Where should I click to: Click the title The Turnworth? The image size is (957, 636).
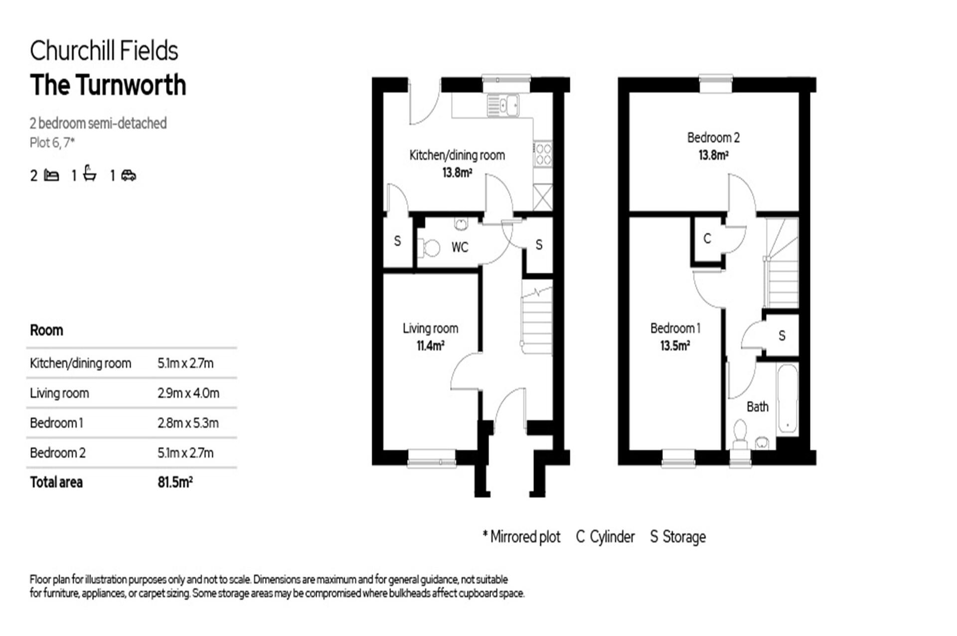(108, 85)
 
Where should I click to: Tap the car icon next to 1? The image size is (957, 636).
(129, 175)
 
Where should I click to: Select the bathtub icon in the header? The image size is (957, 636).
(90, 174)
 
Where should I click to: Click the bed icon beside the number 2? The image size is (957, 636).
(51, 175)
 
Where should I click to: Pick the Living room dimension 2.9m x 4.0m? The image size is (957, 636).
(188, 393)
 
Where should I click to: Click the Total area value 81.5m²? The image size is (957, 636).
(175, 482)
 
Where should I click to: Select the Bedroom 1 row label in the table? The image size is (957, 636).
(56, 423)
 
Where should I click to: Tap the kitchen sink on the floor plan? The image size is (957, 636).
(503, 105)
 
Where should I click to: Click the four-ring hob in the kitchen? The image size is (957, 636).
(542, 154)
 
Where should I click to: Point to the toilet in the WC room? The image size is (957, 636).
(429, 248)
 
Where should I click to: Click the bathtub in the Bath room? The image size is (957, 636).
(787, 399)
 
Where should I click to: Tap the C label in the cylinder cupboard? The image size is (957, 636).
(707, 239)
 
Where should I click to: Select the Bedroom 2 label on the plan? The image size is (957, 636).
(713, 138)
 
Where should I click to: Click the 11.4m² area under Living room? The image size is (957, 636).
(430, 345)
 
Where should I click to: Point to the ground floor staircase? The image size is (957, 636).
(537, 319)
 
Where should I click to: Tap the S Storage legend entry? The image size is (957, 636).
(677, 537)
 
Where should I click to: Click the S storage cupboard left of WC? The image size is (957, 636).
(397, 241)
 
